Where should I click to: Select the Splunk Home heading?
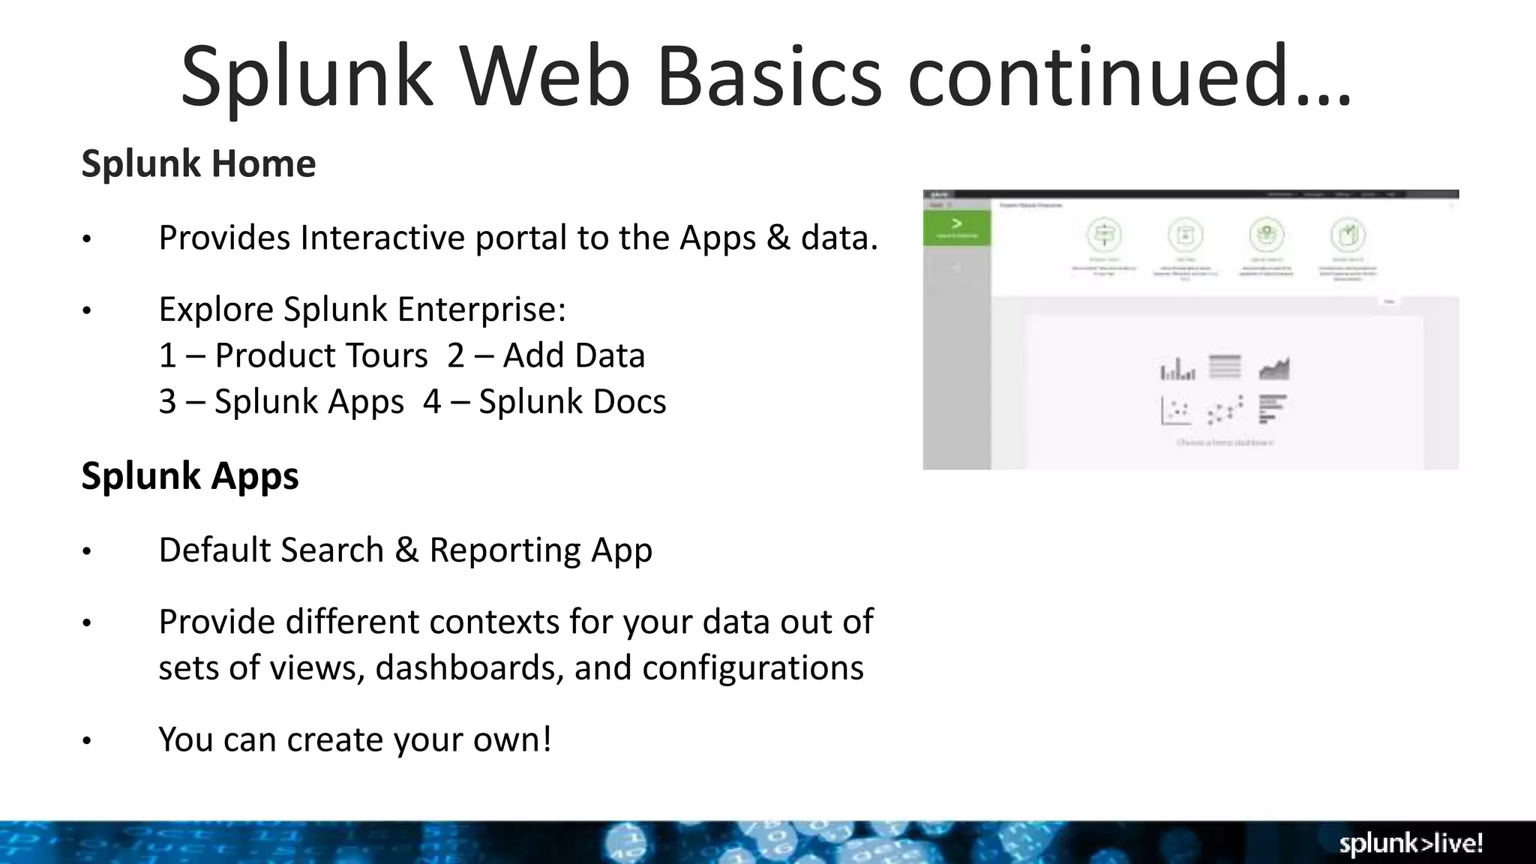point(199,163)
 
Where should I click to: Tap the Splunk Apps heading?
point(190,475)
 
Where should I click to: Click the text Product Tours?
point(321,355)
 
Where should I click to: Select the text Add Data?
point(574,355)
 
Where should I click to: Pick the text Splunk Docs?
point(572,401)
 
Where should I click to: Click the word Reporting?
point(505,550)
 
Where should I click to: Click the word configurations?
point(752,667)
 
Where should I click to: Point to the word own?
point(512,739)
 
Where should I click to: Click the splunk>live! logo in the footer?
point(1411,844)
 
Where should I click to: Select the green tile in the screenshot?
point(956,227)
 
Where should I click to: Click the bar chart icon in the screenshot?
point(1177,369)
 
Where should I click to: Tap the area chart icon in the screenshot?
point(1273,368)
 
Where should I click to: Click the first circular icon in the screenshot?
point(1104,235)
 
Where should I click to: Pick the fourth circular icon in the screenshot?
point(1348,235)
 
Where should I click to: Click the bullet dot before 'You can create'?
point(87,741)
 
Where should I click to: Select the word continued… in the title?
point(1129,77)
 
